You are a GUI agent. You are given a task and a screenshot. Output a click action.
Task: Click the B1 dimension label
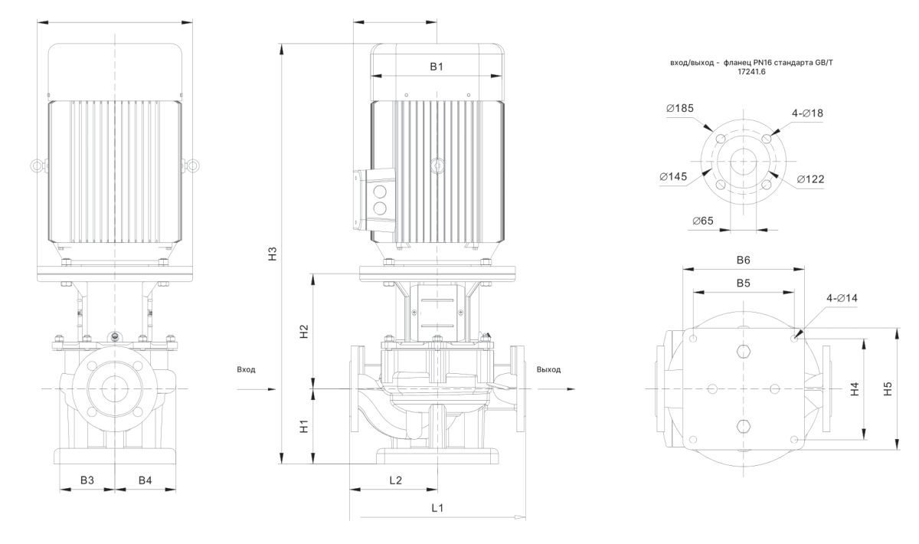click(436, 67)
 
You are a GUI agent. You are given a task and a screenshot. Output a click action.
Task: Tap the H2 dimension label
click(303, 332)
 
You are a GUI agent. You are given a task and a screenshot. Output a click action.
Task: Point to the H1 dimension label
click(303, 426)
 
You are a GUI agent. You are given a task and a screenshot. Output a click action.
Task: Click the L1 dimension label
click(438, 507)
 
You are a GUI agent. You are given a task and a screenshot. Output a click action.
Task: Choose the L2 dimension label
click(395, 480)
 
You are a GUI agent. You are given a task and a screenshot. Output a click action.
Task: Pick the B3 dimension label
click(87, 480)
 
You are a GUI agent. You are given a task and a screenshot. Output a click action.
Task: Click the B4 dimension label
click(145, 480)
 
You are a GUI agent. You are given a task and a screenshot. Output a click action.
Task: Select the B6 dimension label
click(743, 261)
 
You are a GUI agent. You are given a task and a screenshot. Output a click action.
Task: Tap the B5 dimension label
click(743, 283)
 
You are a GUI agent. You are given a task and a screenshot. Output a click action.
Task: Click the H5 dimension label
click(888, 389)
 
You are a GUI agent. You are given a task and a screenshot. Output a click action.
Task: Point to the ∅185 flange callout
click(680, 108)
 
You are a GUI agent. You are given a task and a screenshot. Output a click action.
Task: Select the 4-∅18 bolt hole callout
click(807, 113)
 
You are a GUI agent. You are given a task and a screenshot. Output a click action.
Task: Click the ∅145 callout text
click(672, 177)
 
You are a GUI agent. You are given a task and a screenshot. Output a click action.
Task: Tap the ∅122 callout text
click(810, 179)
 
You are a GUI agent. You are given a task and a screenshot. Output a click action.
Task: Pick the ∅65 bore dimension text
click(702, 221)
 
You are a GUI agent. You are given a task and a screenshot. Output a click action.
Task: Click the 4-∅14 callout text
click(842, 297)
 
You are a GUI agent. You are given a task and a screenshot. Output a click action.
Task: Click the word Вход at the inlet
click(247, 369)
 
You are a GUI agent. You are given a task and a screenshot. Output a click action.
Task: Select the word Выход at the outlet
click(548, 369)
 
